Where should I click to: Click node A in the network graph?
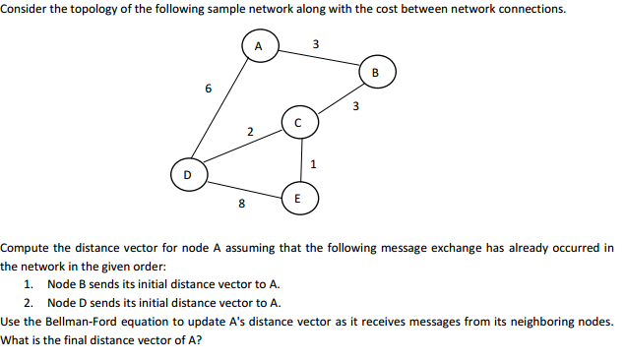pos(259,45)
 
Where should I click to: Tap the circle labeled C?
pos(299,123)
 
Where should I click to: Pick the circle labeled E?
pos(300,198)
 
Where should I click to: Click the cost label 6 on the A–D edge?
pos(208,88)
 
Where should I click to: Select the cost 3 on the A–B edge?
pos(314,44)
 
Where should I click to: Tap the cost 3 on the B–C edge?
pos(356,106)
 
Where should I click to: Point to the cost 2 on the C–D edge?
pos(250,131)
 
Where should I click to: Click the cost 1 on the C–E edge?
pos(313,162)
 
